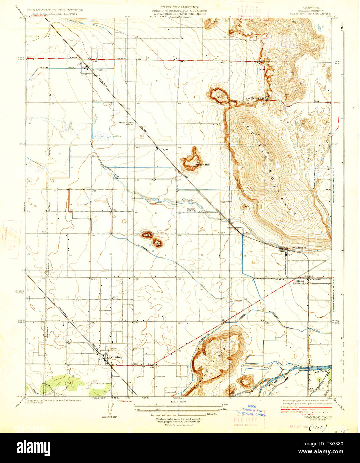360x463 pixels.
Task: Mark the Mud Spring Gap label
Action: tap(255, 98)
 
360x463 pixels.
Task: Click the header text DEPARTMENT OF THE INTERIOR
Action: tap(55, 10)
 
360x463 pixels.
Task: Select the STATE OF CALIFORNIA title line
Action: tap(180, 7)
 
